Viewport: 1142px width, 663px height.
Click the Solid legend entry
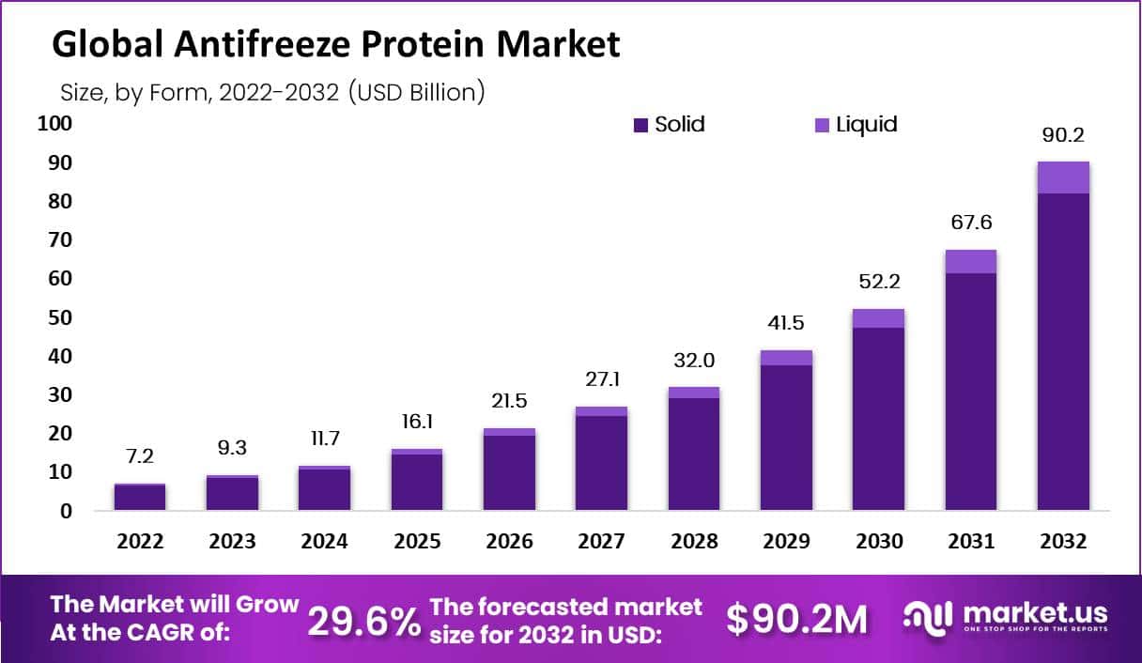click(x=669, y=124)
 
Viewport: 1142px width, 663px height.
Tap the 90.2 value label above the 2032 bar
click(x=1063, y=135)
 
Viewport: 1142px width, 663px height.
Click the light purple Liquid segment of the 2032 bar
click(x=1063, y=177)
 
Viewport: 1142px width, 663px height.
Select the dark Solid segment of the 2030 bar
click(x=879, y=419)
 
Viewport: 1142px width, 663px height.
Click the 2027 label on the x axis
click(x=601, y=542)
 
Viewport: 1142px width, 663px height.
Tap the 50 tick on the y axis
click(x=60, y=317)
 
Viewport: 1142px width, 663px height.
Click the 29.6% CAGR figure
click(x=364, y=620)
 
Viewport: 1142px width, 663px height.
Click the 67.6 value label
click(x=971, y=224)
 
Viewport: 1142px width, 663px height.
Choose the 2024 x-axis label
click(x=324, y=542)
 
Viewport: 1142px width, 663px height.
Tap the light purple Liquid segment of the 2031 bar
click(x=971, y=262)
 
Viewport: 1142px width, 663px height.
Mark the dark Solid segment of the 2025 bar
click(x=417, y=482)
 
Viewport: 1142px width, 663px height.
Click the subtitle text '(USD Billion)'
click(x=416, y=92)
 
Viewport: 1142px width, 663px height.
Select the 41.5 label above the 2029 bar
click(x=786, y=324)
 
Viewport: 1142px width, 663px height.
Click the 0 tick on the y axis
click(x=67, y=512)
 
